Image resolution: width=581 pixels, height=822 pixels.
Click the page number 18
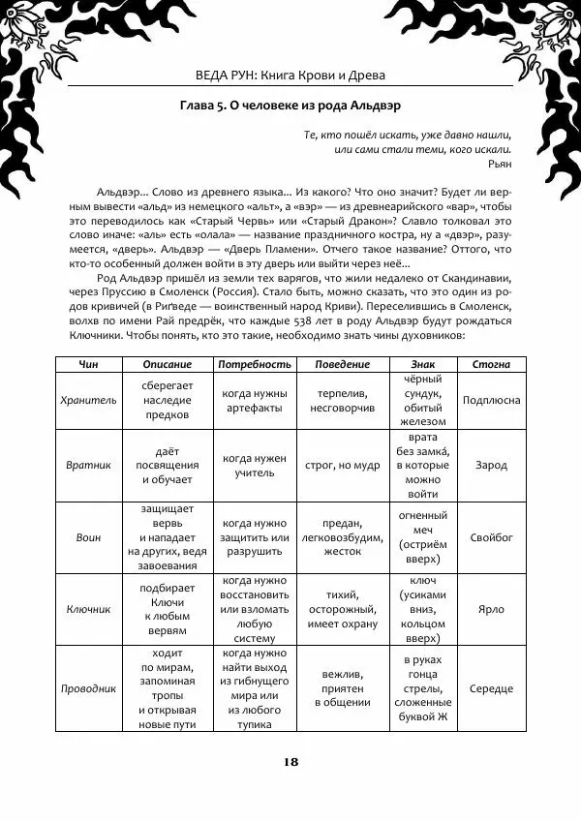(290, 760)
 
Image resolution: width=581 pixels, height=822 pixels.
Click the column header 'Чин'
(88, 364)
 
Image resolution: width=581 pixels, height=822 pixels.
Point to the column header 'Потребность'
(255, 364)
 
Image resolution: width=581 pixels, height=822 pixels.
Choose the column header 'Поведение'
(343, 364)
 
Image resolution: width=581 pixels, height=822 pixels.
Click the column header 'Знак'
(424, 364)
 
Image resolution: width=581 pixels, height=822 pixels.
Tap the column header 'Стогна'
(491, 364)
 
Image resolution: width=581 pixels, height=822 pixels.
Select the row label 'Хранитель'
(88, 400)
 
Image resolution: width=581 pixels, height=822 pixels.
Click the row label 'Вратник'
(88, 465)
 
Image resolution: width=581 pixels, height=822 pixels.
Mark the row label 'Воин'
(88, 537)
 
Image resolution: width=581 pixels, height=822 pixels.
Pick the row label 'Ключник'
(88, 610)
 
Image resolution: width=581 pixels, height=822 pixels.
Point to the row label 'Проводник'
(88, 688)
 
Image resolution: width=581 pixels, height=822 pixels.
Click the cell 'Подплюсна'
(491, 400)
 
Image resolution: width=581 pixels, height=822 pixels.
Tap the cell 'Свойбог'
(491, 537)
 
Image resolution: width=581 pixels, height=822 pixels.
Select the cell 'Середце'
(491, 688)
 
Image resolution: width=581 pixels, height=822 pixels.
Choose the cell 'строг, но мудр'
(343, 465)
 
